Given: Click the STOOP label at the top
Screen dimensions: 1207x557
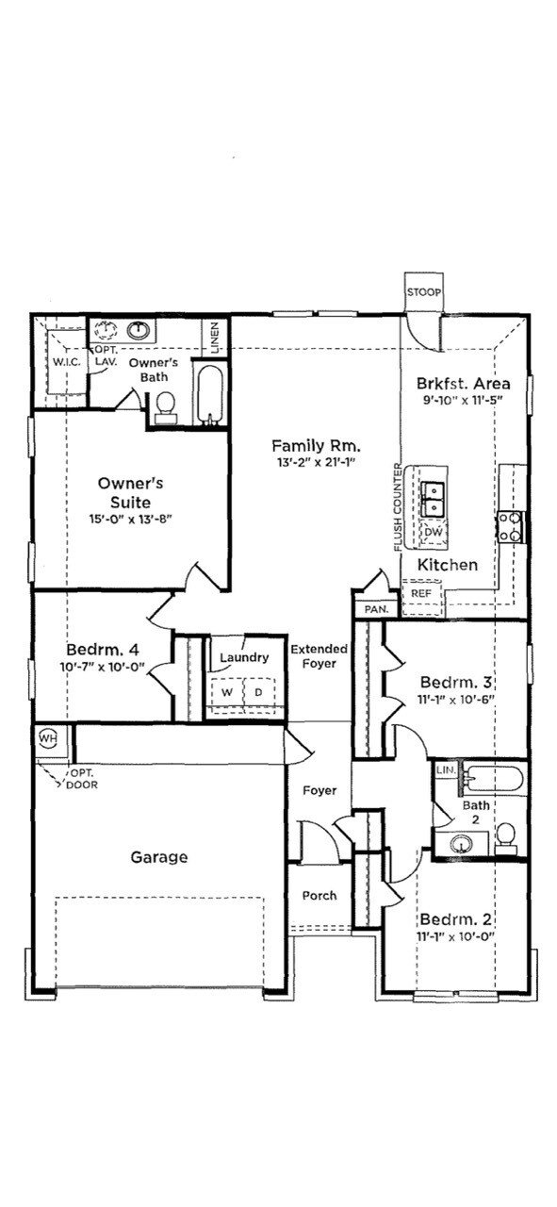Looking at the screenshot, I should tap(423, 292).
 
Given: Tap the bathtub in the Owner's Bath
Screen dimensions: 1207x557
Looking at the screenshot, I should tap(209, 395).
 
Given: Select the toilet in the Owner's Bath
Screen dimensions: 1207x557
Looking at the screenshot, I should tap(166, 404).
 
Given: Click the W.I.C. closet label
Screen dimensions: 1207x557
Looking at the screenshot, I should tap(65, 361).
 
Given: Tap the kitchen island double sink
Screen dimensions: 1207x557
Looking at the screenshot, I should tap(434, 499).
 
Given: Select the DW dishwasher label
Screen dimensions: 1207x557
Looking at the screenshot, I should tap(433, 533).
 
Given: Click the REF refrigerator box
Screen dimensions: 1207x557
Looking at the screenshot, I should tap(421, 595).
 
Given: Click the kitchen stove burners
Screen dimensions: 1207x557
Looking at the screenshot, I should tap(510, 526).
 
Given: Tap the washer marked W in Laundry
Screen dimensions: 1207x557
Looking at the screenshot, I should tap(227, 692).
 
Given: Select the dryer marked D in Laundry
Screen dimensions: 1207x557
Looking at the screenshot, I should tap(257, 692).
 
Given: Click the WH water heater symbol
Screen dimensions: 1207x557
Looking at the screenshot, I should tap(48, 738).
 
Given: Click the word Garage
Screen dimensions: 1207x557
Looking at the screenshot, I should tap(158, 857).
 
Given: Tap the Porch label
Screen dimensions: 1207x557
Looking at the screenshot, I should tap(319, 896).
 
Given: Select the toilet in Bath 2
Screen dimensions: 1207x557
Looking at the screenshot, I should tap(505, 835).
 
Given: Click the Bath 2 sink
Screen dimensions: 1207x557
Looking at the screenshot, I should tap(463, 843).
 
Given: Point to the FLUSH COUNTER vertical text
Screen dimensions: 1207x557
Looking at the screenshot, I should tap(398, 509).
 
